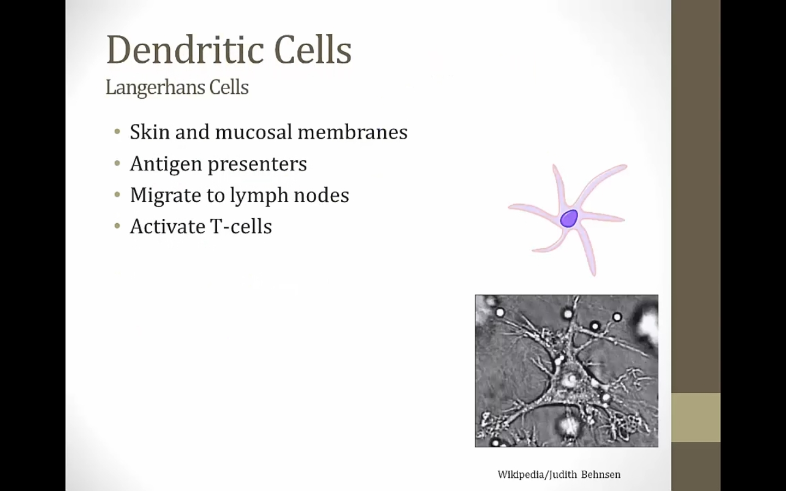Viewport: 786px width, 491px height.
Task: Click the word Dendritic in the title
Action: pyautogui.click(x=185, y=50)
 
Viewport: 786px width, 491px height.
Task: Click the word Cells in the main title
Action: pyautogui.click(x=313, y=50)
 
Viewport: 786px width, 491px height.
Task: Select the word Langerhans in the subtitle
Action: pyautogui.click(x=154, y=88)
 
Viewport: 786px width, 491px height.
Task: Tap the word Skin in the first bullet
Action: pyautogui.click(x=150, y=132)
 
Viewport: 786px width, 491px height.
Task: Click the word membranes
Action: pyautogui.click(x=353, y=132)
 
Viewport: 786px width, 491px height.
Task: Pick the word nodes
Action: pyautogui.click(x=321, y=195)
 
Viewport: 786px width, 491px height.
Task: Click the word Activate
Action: pyautogui.click(x=168, y=226)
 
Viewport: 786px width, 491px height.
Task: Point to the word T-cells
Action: pyautogui.click(x=241, y=226)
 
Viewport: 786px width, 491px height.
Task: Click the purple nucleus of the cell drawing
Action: pyautogui.click(x=569, y=218)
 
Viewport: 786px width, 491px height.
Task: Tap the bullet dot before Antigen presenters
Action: pyautogui.click(x=117, y=163)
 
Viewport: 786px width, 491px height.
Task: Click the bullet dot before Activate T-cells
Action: pyautogui.click(x=117, y=226)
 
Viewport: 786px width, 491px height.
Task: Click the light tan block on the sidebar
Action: pyautogui.click(x=696, y=417)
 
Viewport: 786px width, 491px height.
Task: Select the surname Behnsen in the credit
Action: pyautogui.click(x=601, y=475)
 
